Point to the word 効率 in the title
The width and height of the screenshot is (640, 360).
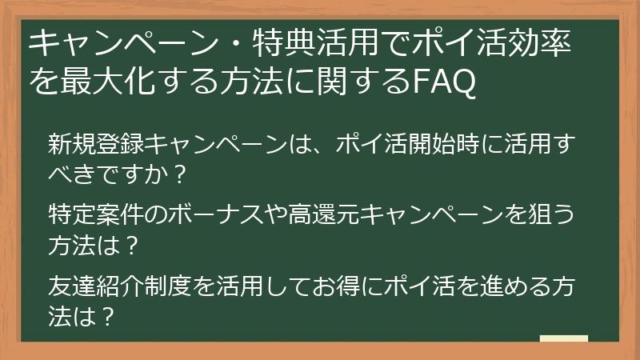point(544,43)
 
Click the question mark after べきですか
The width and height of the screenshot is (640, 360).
point(180,172)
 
